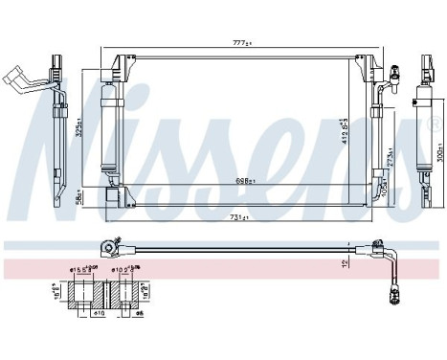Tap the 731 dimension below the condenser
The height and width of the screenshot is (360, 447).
point(240,217)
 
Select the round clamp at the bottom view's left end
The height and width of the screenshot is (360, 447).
point(111,249)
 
